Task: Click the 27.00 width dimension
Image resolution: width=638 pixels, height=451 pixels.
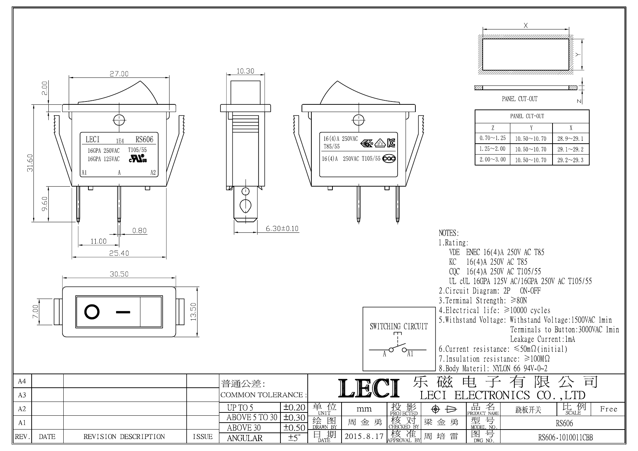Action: pyautogui.click(x=119, y=73)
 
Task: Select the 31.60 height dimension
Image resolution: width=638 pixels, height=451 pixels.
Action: pyautogui.click(x=31, y=163)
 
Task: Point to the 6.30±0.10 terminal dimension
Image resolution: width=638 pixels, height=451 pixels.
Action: pyautogui.click(x=282, y=228)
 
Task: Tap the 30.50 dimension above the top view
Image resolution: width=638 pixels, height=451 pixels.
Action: pyautogui.click(x=119, y=274)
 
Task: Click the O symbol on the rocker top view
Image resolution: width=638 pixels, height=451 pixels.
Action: pyautogui.click(x=92, y=312)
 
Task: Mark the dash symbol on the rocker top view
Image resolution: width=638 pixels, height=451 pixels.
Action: pyautogui.click(x=123, y=312)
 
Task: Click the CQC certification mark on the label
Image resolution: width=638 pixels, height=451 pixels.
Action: pyautogui.click(x=389, y=159)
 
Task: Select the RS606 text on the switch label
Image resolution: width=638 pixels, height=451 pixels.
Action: pyautogui.click(x=144, y=139)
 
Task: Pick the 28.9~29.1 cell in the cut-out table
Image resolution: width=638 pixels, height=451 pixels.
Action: pyautogui.click(x=570, y=139)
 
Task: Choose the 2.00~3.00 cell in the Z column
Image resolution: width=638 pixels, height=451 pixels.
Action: pyautogui.click(x=493, y=159)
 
